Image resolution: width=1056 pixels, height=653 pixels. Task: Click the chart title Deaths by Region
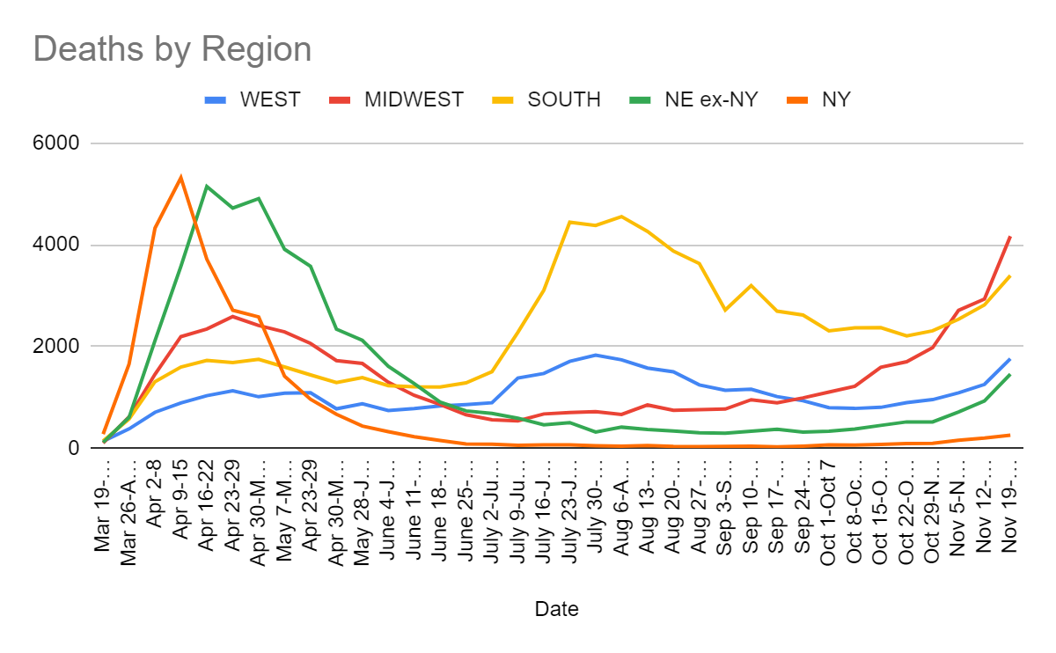172,48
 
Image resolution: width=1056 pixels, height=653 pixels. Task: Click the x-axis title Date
556,609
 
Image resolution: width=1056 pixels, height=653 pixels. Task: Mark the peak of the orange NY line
180,177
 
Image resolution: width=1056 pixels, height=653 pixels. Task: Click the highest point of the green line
206,186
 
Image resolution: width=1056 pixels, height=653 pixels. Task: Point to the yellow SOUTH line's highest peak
621,216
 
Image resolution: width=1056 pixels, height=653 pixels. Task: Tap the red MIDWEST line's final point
1009,236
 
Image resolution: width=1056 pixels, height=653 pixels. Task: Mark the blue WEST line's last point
1009,359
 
